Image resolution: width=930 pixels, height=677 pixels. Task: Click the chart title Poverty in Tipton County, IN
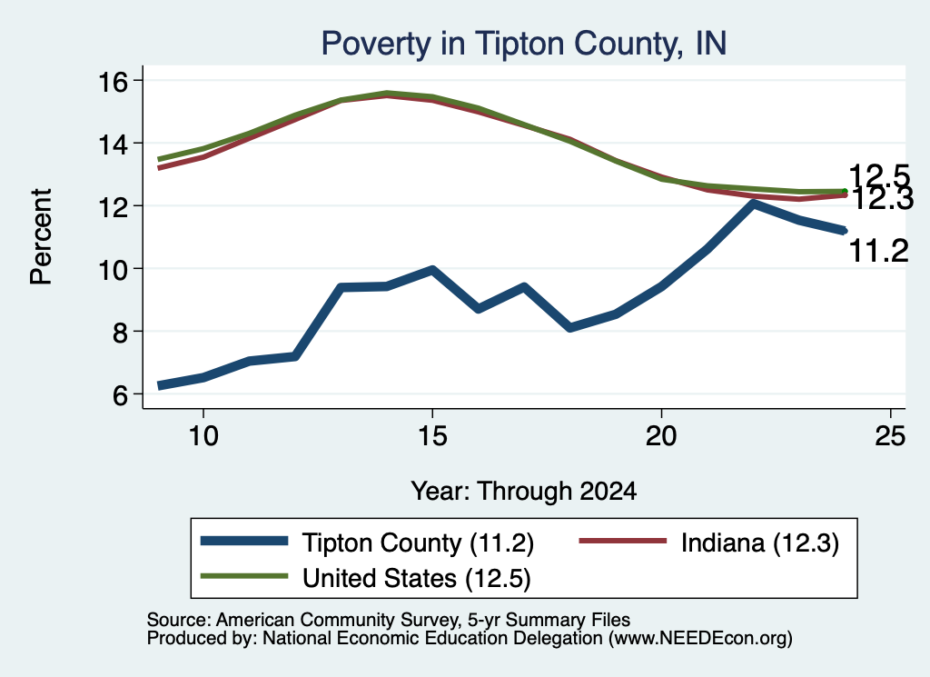[x=524, y=44]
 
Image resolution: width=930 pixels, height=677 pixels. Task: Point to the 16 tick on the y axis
[x=113, y=81]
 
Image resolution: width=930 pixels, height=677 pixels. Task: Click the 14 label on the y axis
[x=113, y=144]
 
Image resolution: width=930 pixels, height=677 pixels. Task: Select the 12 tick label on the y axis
[x=113, y=207]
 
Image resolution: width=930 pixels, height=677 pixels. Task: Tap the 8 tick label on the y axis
[x=121, y=333]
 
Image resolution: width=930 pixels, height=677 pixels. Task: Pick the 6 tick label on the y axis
[x=121, y=395]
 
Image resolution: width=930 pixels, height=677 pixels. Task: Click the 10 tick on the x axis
[x=203, y=436]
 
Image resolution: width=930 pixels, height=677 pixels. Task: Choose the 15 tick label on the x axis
[x=432, y=436]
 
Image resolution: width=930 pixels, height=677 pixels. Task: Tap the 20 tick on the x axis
[x=661, y=436]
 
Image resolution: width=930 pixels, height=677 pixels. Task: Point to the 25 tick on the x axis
[x=890, y=436]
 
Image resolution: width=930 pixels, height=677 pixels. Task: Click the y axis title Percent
[x=41, y=237]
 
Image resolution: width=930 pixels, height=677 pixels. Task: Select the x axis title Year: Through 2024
[x=524, y=492]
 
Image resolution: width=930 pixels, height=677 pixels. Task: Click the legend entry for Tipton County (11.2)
[x=368, y=543]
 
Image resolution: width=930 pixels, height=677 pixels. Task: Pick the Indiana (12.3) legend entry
[x=708, y=543]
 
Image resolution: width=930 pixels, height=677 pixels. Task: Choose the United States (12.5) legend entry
[x=365, y=578]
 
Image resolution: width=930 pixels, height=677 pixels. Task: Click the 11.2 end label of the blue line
[x=879, y=251]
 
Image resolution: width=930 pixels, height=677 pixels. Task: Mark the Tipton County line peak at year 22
[x=753, y=204]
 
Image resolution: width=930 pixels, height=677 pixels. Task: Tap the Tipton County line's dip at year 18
[x=570, y=326]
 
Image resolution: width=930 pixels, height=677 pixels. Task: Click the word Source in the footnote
[x=179, y=620]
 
